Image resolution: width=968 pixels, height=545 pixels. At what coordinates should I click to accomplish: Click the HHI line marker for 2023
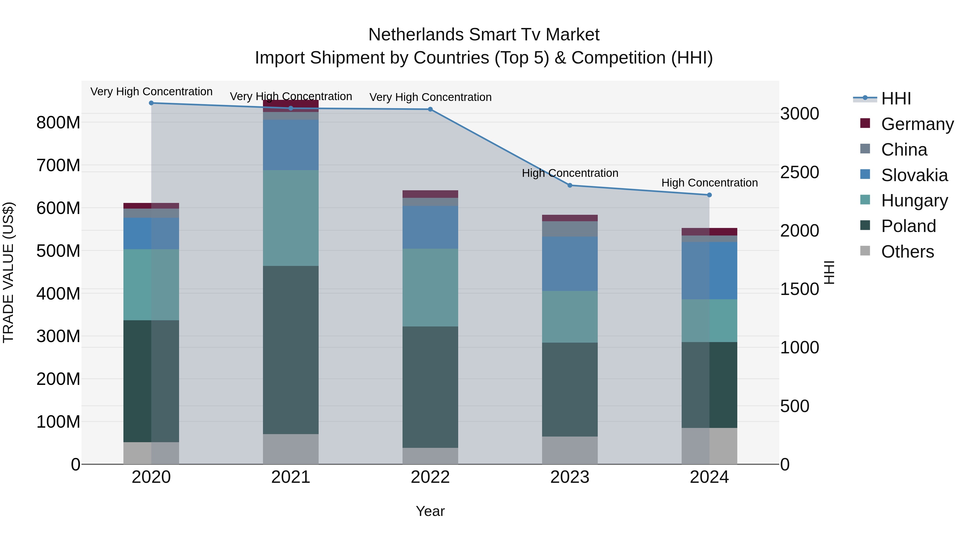(x=570, y=185)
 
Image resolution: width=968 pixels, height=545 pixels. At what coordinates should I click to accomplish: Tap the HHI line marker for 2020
(x=151, y=103)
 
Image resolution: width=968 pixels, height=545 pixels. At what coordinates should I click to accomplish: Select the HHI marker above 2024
(x=709, y=195)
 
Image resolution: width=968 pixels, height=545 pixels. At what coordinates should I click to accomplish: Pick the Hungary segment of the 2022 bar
(x=430, y=287)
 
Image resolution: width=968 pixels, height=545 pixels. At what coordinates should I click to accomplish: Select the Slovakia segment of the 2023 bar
(x=570, y=264)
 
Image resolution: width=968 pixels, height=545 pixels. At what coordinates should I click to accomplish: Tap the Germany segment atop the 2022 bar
(x=430, y=194)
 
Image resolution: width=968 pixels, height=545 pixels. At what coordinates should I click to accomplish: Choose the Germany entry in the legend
(x=917, y=124)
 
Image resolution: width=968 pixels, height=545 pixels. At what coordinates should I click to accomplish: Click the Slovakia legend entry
(x=914, y=175)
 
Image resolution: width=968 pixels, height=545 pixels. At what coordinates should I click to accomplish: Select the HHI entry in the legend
(x=896, y=99)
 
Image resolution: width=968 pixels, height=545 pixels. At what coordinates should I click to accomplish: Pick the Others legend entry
(x=907, y=252)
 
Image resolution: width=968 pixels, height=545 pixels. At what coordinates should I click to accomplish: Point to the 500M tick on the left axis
(x=58, y=251)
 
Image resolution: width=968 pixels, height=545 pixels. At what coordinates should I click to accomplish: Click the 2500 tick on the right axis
(x=800, y=172)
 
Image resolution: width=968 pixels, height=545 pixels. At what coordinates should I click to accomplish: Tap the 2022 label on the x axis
(x=430, y=477)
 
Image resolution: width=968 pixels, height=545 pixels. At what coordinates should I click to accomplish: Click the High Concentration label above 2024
(x=709, y=183)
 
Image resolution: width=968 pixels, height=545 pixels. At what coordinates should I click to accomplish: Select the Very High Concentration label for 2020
(x=151, y=92)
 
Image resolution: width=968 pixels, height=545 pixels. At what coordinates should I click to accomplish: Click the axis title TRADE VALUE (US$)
(x=8, y=272)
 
